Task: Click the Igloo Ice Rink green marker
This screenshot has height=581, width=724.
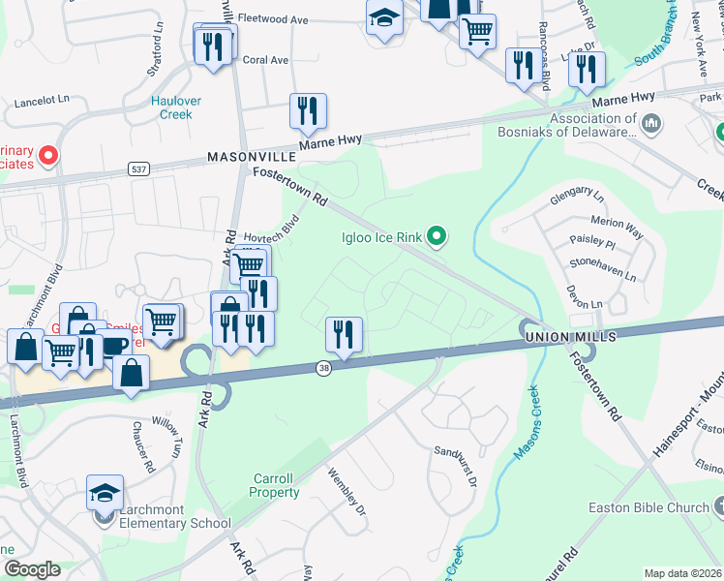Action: point(437,235)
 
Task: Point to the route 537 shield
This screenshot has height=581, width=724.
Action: point(138,168)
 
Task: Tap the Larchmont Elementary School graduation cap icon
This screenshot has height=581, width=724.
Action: point(105,494)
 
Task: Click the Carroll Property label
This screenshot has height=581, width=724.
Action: point(276,485)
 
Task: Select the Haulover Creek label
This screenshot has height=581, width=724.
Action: point(171,107)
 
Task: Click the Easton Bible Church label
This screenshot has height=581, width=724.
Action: point(649,507)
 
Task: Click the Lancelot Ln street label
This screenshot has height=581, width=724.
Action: point(43,99)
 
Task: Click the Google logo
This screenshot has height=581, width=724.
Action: point(32,568)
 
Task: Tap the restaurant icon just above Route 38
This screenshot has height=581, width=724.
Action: point(344,335)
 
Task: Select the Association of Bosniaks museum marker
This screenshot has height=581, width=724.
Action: point(650,123)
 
